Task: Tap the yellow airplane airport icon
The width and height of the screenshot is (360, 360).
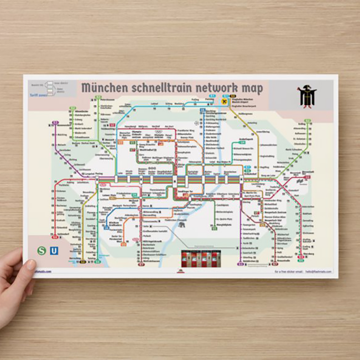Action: coord(224,102)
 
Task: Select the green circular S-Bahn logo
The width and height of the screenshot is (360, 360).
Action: coord(42,251)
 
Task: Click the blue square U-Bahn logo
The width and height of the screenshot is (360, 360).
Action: coord(54,251)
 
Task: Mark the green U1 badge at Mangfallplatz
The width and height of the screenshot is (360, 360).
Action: coord(214,229)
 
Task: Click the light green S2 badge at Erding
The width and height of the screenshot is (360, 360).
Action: coord(308,121)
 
